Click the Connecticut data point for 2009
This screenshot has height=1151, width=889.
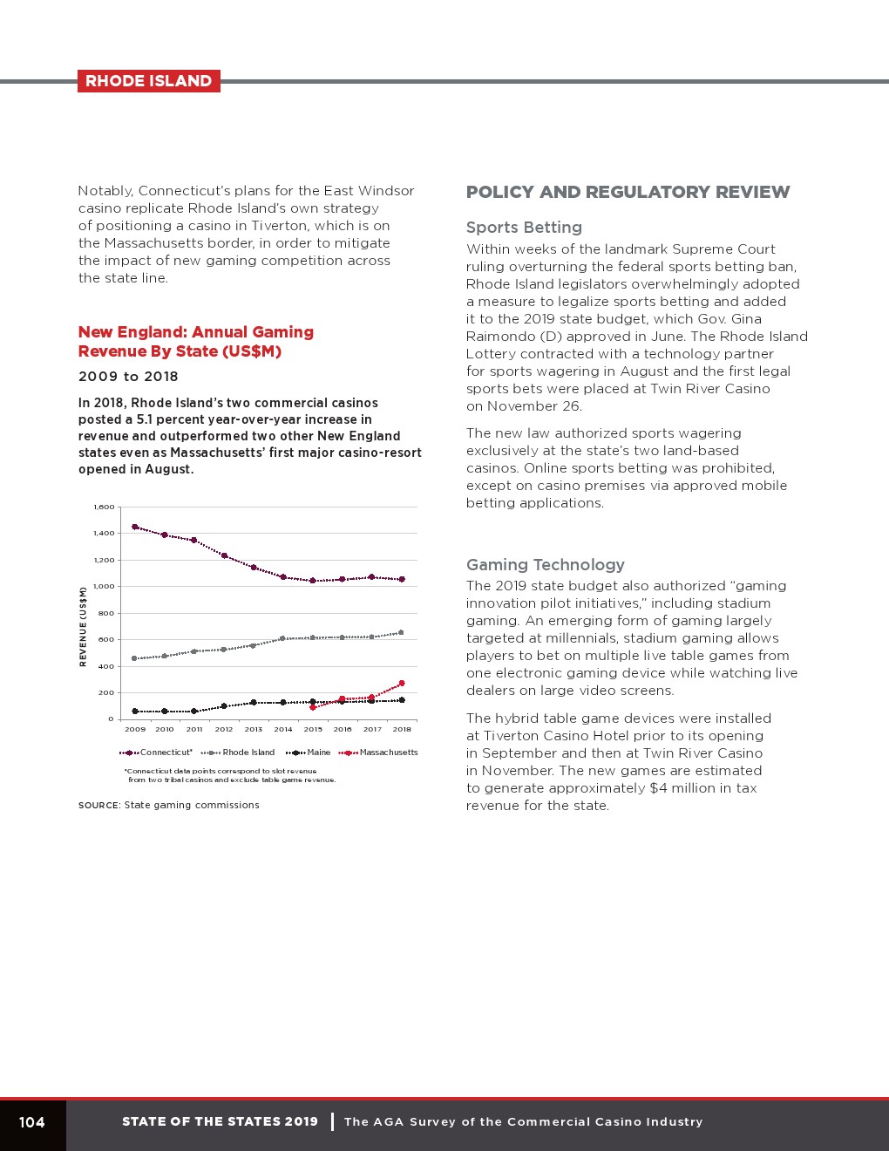[x=134, y=527]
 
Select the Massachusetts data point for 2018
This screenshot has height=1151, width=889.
[x=402, y=684]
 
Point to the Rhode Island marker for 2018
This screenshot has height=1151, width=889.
[x=401, y=632]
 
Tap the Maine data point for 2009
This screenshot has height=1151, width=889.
[x=134, y=712]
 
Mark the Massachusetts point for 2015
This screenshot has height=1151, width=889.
[x=313, y=707]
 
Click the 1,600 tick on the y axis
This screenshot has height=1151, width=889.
[x=104, y=507]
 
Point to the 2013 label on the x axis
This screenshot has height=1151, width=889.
[x=254, y=729]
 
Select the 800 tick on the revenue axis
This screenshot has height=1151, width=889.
[x=105, y=613]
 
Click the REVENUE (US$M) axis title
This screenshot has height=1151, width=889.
[x=84, y=627]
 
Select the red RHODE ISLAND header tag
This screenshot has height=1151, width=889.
[x=148, y=81]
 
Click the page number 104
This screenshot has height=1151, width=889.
[x=32, y=1122]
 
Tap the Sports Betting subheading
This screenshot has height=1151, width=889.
[x=524, y=228]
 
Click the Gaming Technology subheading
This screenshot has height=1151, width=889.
[x=546, y=565]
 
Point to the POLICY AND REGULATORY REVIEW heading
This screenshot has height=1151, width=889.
[x=628, y=193]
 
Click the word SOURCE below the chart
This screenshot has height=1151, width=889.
[x=98, y=806]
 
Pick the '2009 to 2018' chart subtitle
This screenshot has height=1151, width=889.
[x=128, y=377]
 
